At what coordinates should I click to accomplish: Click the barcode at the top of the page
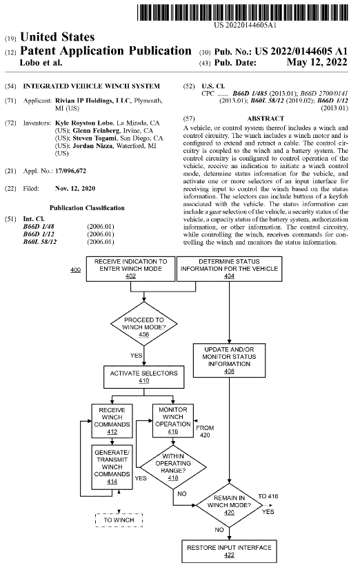[x=243, y=12]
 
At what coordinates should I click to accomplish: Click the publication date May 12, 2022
[x=317, y=62]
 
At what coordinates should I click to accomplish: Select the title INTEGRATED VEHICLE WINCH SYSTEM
[x=92, y=86]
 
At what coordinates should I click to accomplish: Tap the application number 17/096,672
[x=70, y=171]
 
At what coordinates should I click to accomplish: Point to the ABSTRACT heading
[x=266, y=119]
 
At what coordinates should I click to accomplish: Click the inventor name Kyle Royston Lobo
[x=84, y=123]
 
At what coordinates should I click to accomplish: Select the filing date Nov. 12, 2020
[x=75, y=188]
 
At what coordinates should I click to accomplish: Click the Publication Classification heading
[x=87, y=207]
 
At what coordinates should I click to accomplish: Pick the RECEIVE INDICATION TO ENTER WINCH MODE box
[x=130, y=269]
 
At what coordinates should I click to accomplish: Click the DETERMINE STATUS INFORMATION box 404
[x=229, y=269]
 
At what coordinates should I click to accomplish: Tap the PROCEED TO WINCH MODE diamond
[x=144, y=324]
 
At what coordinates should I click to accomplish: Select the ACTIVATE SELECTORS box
[x=144, y=377]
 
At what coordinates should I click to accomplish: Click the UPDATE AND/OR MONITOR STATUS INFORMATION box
[x=229, y=360]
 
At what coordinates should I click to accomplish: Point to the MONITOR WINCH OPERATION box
[x=173, y=420]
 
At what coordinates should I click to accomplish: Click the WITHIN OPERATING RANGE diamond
[x=173, y=467]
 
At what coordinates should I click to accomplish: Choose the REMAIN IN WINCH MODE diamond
[x=229, y=505]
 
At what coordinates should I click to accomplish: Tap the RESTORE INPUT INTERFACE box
[x=229, y=551]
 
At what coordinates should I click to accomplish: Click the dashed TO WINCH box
[x=119, y=520]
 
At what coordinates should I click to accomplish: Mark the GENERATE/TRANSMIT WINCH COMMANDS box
[x=112, y=467]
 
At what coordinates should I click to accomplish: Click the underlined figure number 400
[x=75, y=270]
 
